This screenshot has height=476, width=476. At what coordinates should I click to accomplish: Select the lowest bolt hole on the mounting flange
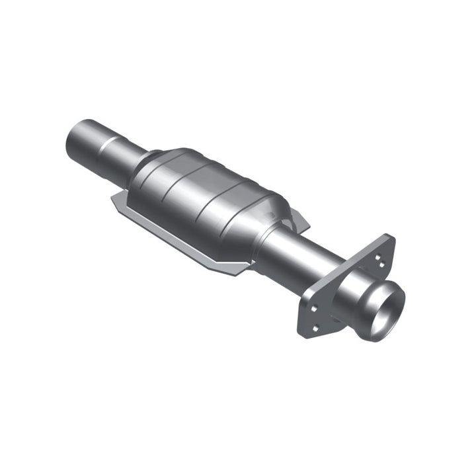[x=316, y=327]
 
